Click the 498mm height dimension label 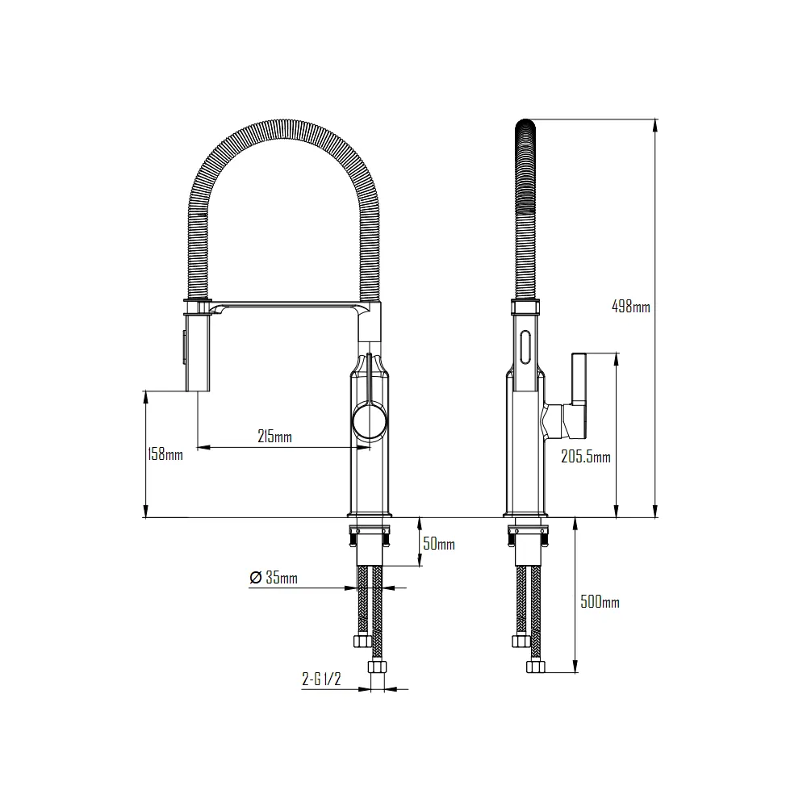click(x=630, y=307)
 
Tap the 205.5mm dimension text click(x=585, y=457)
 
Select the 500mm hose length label click(x=600, y=602)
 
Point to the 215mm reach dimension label click(x=274, y=437)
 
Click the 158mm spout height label click(x=165, y=454)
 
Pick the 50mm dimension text click(x=439, y=544)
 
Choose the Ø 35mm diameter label click(x=274, y=578)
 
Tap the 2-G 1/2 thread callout click(x=322, y=679)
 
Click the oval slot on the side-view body click(x=527, y=349)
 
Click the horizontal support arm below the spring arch click(x=291, y=306)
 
